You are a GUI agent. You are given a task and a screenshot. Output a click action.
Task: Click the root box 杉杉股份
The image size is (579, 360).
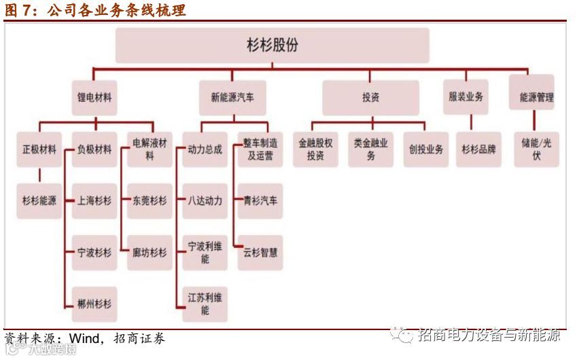click(x=272, y=46)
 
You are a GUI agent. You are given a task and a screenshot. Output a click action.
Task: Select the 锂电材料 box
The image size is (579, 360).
click(x=94, y=98)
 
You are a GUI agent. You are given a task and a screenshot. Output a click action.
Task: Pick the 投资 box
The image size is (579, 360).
click(x=370, y=98)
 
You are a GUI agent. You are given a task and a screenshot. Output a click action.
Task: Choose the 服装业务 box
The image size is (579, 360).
click(x=466, y=96)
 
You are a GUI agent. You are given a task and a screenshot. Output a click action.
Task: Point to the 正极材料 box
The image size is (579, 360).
click(x=39, y=149)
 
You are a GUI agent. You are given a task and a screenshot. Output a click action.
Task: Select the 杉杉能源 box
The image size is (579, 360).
click(x=39, y=200)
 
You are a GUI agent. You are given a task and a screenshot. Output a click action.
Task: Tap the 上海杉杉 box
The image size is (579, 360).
click(x=94, y=200)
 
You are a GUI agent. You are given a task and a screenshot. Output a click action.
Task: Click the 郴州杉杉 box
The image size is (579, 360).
click(x=94, y=303)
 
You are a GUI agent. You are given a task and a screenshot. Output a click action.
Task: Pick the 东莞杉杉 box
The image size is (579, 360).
click(x=150, y=200)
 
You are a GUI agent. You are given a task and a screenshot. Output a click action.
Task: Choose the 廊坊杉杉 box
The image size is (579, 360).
click(x=150, y=252)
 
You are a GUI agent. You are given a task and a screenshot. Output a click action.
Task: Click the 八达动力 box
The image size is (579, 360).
click(x=205, y=200)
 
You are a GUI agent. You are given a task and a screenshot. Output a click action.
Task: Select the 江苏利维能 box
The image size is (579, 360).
click(x=205, y=303)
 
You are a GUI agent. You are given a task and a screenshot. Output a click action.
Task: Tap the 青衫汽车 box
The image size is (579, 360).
click(x=260, y=200)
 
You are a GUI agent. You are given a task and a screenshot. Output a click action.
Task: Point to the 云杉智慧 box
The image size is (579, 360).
click(x=260, y=252)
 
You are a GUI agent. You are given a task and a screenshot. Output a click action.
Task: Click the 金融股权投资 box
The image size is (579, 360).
click(x=315, y=149)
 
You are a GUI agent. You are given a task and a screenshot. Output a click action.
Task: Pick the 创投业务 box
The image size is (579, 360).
click(x=426, y=149)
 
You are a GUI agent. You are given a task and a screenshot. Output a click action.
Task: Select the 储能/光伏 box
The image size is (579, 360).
click(x=536, y=149)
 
